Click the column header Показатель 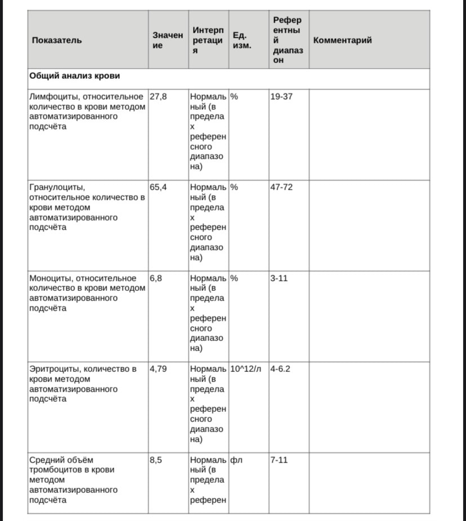coord(57,40)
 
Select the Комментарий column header coord(342,40)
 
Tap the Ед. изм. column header coord(242,40)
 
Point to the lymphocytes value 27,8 coord(158,96)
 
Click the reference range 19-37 coord(281,96)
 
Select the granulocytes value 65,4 coord(158,187)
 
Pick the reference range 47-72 coord(281,187)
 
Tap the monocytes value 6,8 coord(156,278)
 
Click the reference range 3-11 coord(279,278)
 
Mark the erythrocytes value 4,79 coord(158,369)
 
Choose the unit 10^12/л coord(247,369)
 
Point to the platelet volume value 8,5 coord(156,460)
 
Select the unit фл coord(236,460)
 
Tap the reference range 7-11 coord(279,460)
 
